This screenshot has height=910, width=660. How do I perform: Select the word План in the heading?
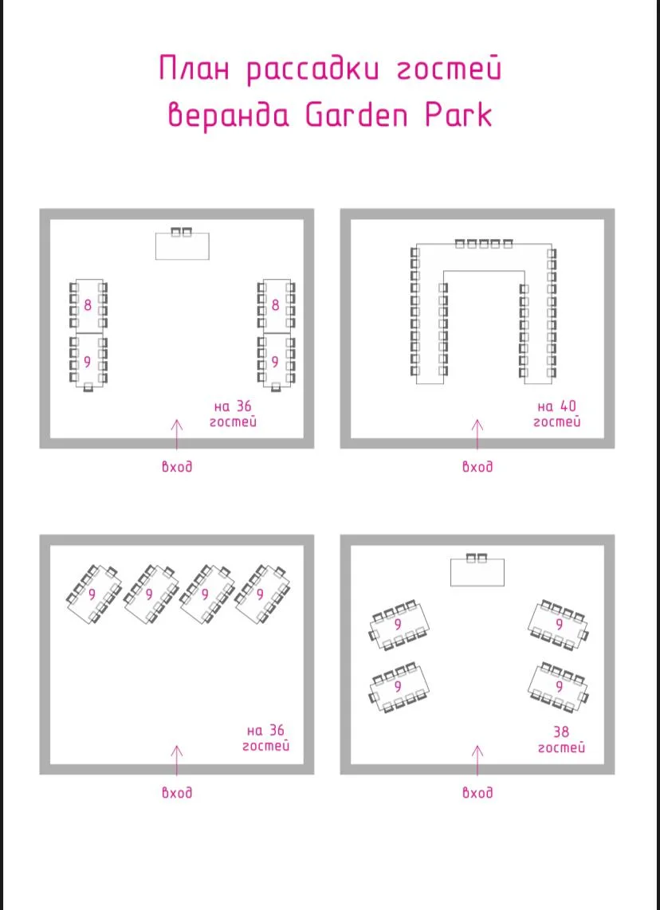click(x=194, y=69)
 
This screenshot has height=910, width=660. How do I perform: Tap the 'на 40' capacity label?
click(x=556, y=406)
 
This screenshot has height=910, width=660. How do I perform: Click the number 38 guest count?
click(x=560, y=731)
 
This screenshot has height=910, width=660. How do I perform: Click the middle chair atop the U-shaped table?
click(x=484, y=244)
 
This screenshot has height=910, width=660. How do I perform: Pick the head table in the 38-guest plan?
click(x=477, y=572)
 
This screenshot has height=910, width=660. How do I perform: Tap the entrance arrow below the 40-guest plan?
click(x=477, y=435)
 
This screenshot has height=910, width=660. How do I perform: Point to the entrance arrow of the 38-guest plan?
click(x=477, y=760)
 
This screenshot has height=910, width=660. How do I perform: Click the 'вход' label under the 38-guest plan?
click(x=477, y=792)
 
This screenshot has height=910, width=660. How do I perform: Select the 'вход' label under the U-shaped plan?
click(x=477, y=467)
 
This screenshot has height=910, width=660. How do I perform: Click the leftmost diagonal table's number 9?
click(x=92, y=594)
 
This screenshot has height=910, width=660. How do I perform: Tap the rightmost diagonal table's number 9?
click(x=260, y=594)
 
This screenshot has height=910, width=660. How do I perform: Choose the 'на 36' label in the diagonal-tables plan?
click(x=266, y=731)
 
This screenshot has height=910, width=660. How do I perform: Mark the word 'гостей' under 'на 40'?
click(x=556, y=422)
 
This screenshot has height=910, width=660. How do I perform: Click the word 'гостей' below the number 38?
click(x=560, y=748)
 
